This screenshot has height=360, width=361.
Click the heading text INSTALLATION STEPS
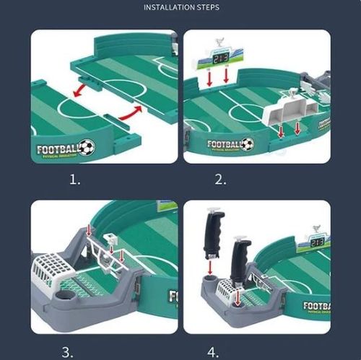click(181, 7)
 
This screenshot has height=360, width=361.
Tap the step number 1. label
click(75, 179)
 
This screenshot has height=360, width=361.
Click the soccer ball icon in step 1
click(87, 148)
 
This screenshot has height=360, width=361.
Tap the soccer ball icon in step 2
click(247, 144)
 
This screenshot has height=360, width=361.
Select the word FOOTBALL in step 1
click(58, 149)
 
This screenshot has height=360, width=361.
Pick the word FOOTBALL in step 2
click(225, 144)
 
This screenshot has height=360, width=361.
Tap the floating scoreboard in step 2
click(217, 56)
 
